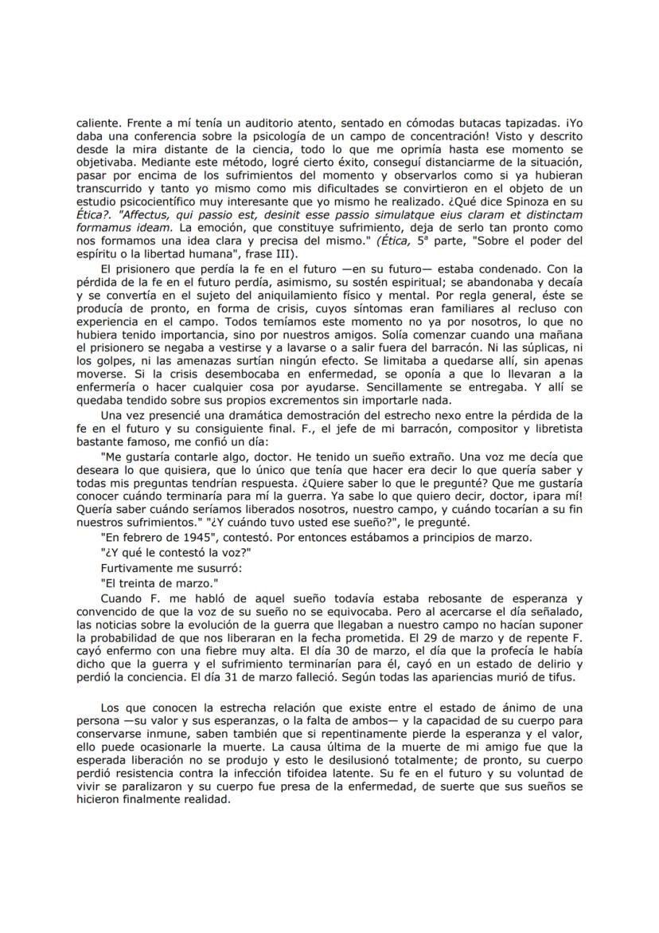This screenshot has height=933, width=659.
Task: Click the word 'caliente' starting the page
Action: (97, 123)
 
